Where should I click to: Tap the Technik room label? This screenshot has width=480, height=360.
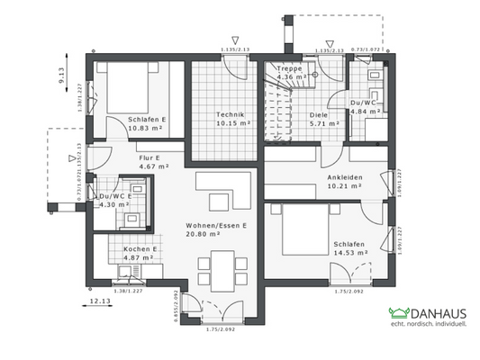coord(231,114)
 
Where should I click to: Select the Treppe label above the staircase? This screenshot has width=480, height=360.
coord(290,67)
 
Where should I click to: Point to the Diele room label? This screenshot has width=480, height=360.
coord(319,114)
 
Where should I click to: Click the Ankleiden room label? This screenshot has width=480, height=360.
coord(345,177)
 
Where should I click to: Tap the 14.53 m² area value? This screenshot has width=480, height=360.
coord(350,253)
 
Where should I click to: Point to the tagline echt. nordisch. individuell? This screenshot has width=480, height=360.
coord(427,326)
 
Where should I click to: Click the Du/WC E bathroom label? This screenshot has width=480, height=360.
coord(116,196)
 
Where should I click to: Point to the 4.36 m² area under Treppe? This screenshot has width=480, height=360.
coord(290,76)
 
